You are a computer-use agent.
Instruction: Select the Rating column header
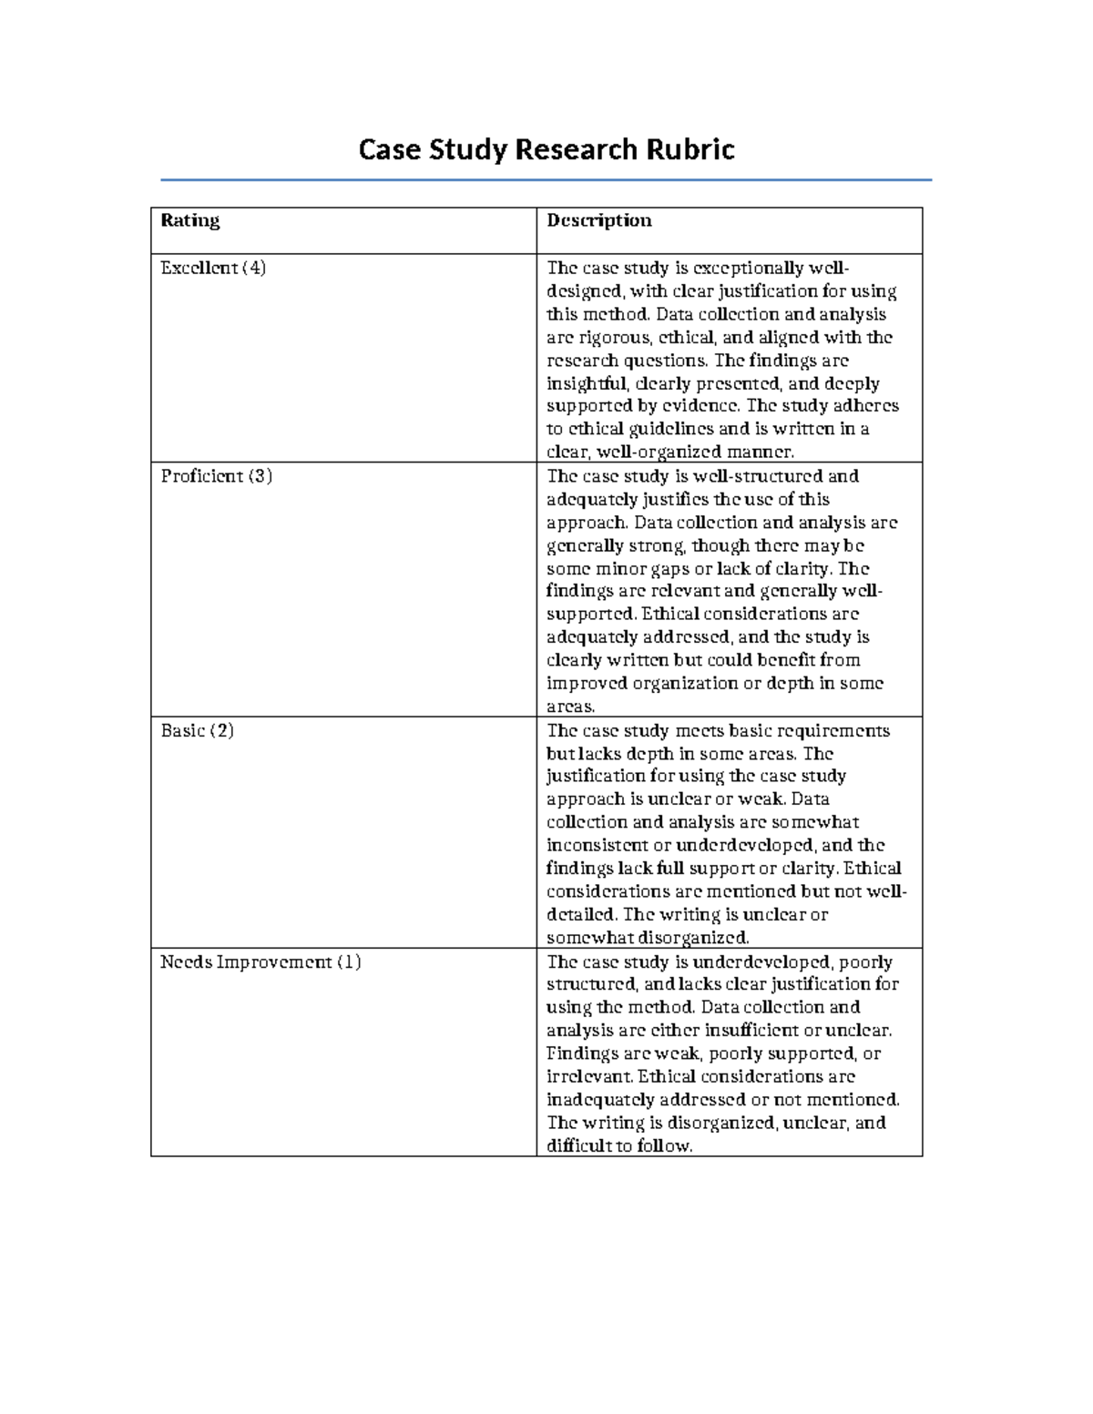[x=189, y=220]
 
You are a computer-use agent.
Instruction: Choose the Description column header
[x=598, y=220]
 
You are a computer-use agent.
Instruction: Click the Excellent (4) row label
[x=213, y=268]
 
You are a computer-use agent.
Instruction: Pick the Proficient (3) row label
[x=216, y=476]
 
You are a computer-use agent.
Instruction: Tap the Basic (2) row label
[x=197, y=730]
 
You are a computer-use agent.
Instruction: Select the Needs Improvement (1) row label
[x=260, y=961]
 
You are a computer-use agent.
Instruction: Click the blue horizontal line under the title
[x=546, y=180]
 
